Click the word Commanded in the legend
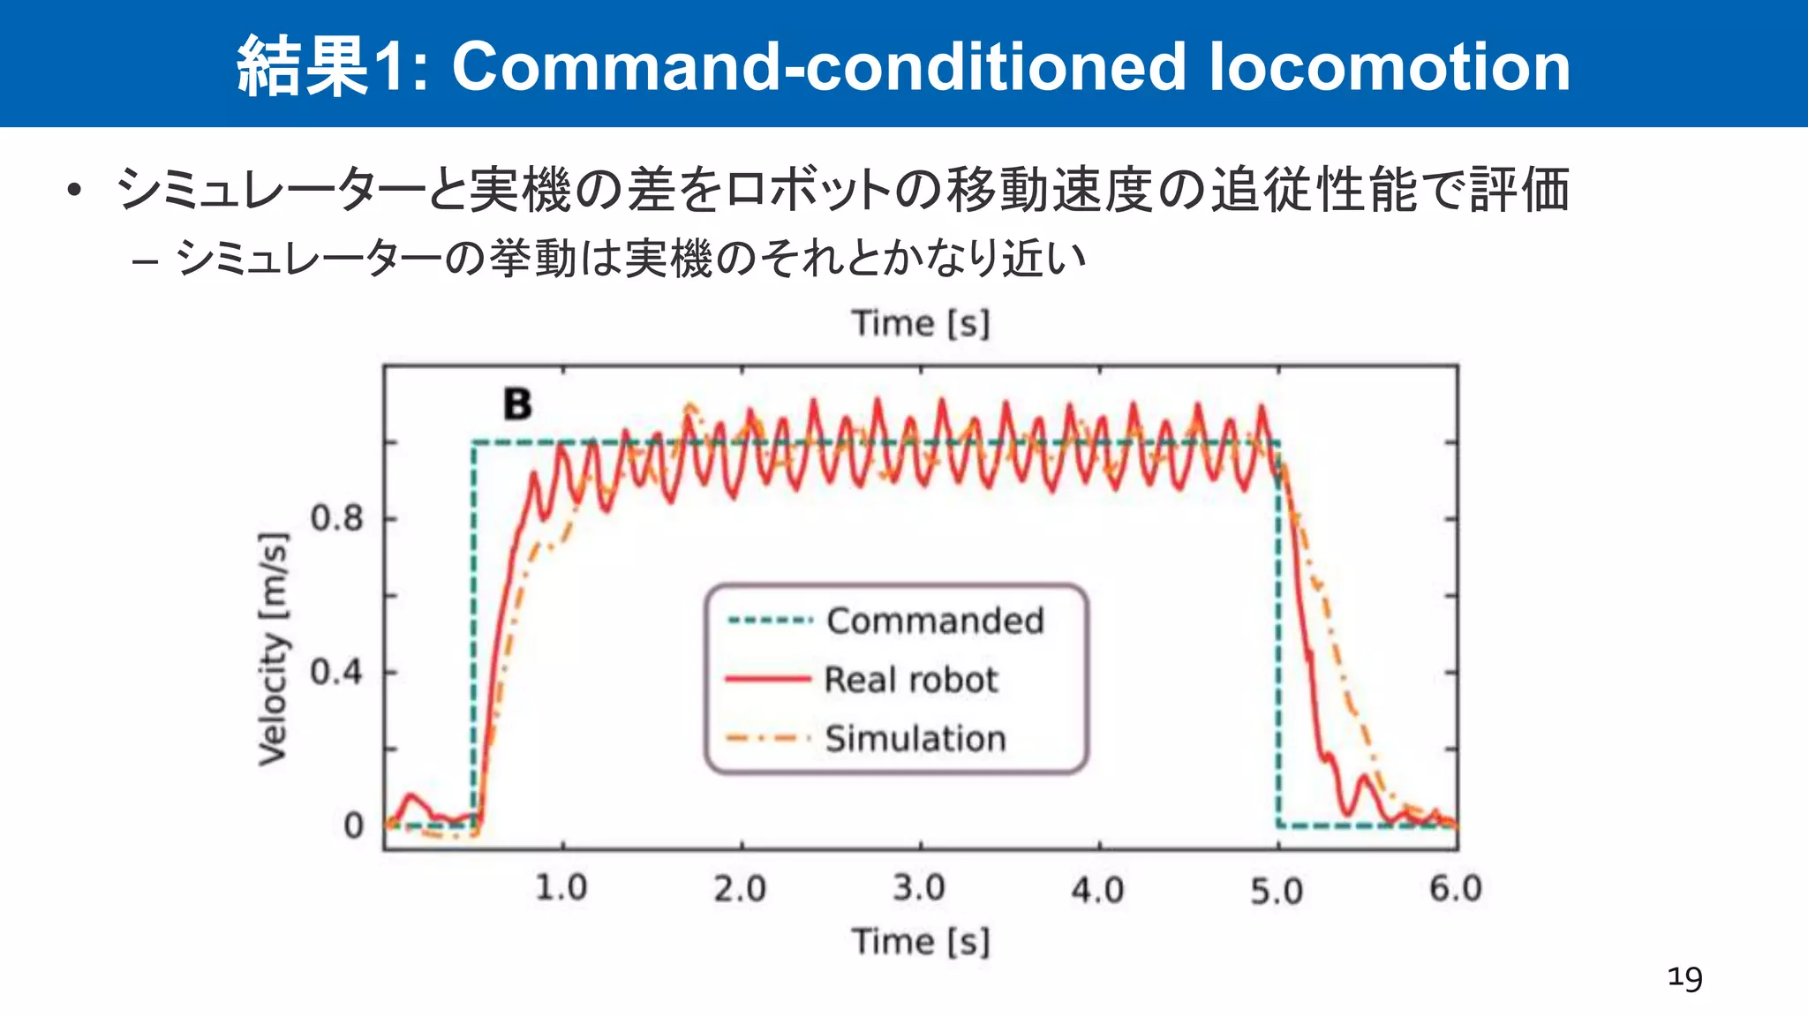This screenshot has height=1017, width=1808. pyautogui.click(x=935, y=621)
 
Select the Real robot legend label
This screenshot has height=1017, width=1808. pyautogui.click(x=910, y=680)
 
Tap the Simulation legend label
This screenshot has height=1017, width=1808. pyautogui.click(x=915, y=738)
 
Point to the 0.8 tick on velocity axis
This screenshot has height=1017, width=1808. pyautogui.click(x=336, y=518)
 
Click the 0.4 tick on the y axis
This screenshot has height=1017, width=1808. pyautogui.click(x=336, y=673)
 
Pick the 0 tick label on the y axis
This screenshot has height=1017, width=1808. pyautogui.click(x=353, y=826)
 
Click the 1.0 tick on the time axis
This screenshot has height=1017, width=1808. pyautogui.click(x=561, y=887)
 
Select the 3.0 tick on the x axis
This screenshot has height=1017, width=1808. pyautogui.click(x=919, y=887)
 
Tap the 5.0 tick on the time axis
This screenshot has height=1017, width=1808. pyautogui.click(x=1277, y=891)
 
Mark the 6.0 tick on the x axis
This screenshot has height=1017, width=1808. pyautogui.click(x=1456, y=888)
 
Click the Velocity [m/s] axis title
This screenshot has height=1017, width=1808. pyautogui.click(x=273, y=649)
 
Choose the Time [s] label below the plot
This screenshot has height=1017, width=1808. pyautogui.click(x=920, y=941)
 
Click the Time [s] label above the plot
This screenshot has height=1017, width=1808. pyautogui.click(x=920, y=323)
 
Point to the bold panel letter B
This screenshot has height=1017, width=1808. pyautogui.click(x=517, y=404)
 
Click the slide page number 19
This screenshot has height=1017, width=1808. pyautogui.click(x=1684, y=978)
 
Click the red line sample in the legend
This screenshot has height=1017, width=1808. pyautogui.click(x=767, y=680)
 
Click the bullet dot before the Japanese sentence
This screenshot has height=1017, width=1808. pyautogui.click(x=74, y=191)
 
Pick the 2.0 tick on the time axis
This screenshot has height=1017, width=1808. pyautogui.click(x=740, y=888)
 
